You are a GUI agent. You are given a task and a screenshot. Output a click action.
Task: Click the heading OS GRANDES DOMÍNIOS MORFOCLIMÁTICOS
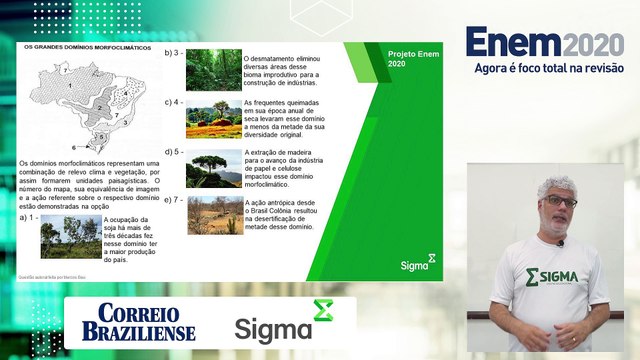[x=80, y=47]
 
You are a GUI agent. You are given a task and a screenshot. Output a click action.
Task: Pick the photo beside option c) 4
[x=213, y=119]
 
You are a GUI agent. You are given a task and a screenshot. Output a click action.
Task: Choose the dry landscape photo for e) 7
[x=213, y=214]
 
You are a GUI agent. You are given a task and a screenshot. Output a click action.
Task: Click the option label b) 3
[x=173, y=52]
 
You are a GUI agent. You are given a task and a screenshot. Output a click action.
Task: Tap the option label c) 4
[x=173, y=102]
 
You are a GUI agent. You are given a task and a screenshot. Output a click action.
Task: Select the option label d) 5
[x=173, y=151]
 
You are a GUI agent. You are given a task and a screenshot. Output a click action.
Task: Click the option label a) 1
[x=29, y=217]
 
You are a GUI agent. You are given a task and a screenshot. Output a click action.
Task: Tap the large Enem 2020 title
[x=544, y=44]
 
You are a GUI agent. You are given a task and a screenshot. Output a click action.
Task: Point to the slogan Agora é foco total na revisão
[x=549, y=69]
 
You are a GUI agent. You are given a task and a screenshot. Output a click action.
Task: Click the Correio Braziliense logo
[x=146, y=322]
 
